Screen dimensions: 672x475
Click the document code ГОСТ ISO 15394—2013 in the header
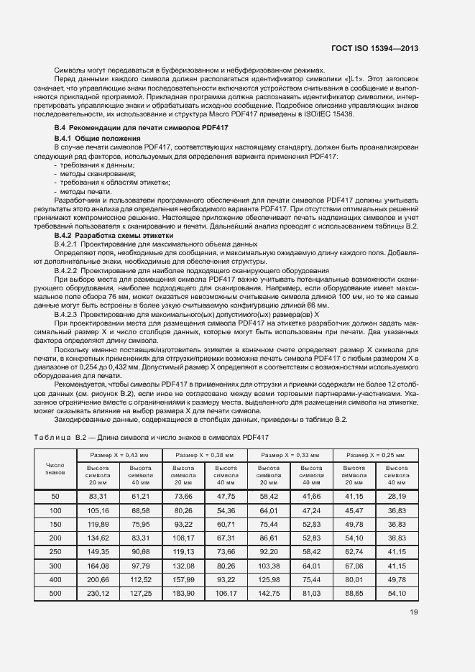coord(374,49)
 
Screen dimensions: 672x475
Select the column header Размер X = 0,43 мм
coord(120,456)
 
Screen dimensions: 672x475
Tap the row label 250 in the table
coord(55,551)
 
